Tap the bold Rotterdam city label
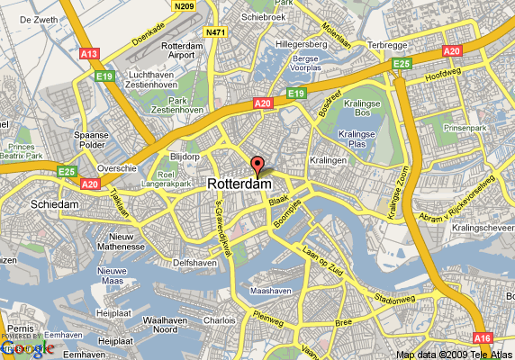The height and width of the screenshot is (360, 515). (239, 184)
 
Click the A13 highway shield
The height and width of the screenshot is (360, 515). (88, 54)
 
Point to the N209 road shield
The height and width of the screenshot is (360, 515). (185, 5)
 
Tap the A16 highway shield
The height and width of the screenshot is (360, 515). (483, 337)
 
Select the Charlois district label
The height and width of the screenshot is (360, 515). (219, 319)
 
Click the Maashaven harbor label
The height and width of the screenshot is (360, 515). (270, 292)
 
